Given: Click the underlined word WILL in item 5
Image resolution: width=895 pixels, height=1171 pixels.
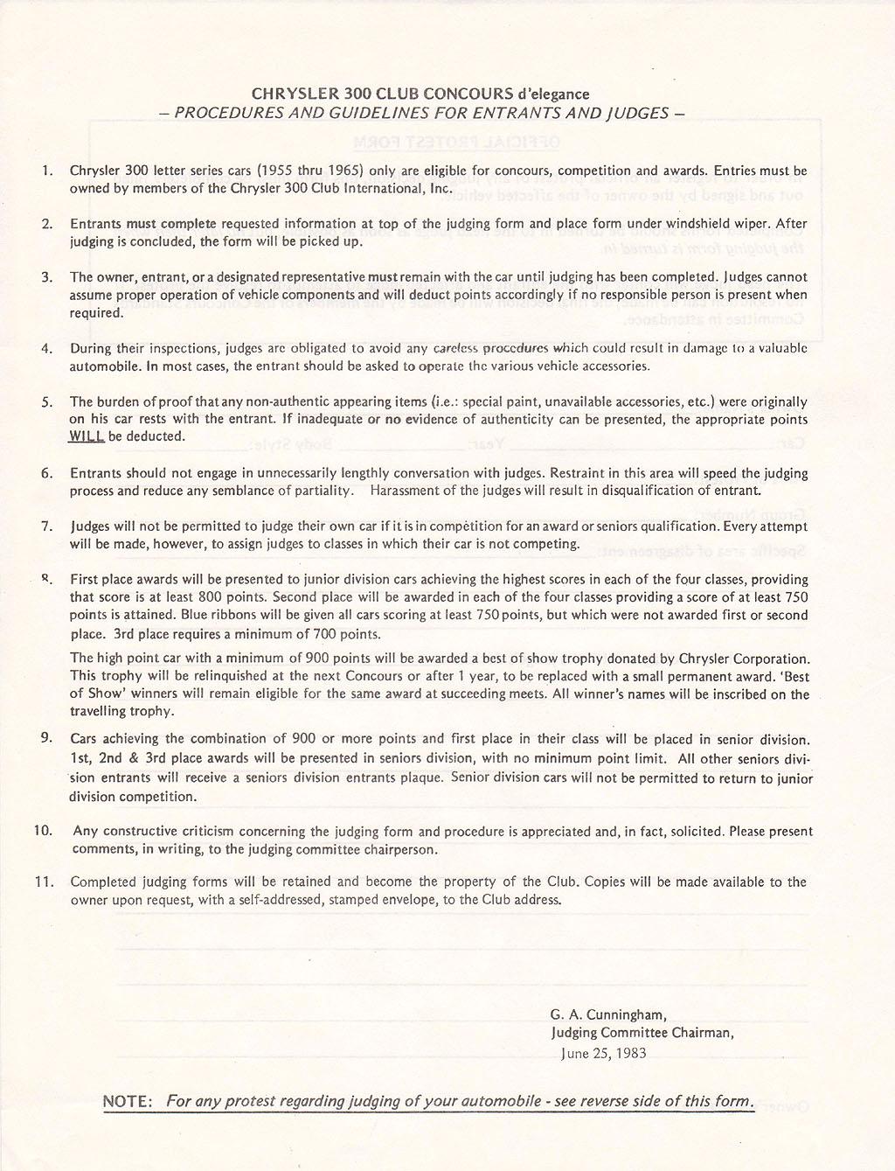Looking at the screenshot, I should click(87, 436).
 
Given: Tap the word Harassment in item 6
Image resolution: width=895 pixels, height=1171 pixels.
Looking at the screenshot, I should click(406, 491).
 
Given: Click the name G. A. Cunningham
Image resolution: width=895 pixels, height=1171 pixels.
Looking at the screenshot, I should click(609, 1015).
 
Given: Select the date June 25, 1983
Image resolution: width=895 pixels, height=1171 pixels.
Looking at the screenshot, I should click(604, 1053).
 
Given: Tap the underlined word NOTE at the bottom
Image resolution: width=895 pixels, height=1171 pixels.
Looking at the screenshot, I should click(128, 1101).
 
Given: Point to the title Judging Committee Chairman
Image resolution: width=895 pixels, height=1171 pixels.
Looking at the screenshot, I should click(642, 1033).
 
